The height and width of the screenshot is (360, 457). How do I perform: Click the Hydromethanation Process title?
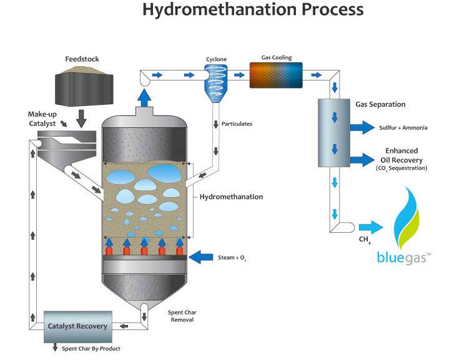tap(253, 11)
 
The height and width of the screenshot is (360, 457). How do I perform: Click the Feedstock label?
tap(82, 59)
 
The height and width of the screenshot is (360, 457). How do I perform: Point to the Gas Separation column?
tap(334, 132)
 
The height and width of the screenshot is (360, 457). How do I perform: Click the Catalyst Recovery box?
tap(77, 326)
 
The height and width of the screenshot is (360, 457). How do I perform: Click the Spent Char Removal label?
tap(180, 316)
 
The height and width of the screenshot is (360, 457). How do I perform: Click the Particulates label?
tap(237, 124)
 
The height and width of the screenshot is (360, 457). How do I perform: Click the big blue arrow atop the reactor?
tap(144, 97)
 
